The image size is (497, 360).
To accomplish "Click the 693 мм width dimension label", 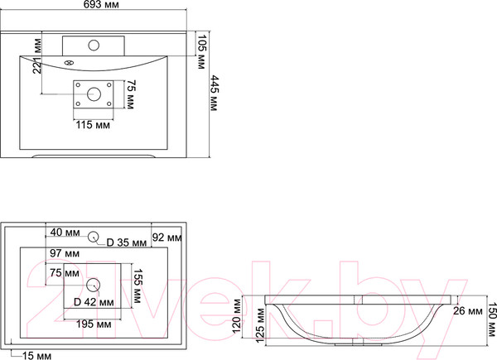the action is [x=101, y=4].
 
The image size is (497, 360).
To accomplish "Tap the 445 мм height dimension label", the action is [x=215, y=93].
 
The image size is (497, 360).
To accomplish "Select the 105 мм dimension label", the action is [x=201, y=51].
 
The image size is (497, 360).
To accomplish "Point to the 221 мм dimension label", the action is [x=37, y=55].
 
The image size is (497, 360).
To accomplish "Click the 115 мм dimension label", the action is [x=93, y=125].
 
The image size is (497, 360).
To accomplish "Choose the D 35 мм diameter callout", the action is [x=127, y=242].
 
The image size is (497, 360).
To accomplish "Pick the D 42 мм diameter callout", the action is [x=94, y=302].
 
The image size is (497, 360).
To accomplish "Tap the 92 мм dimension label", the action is [x=167, y=238].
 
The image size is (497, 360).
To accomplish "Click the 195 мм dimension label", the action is [x=94, y=324].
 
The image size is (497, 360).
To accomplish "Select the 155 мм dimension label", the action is [x=137, y=286].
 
